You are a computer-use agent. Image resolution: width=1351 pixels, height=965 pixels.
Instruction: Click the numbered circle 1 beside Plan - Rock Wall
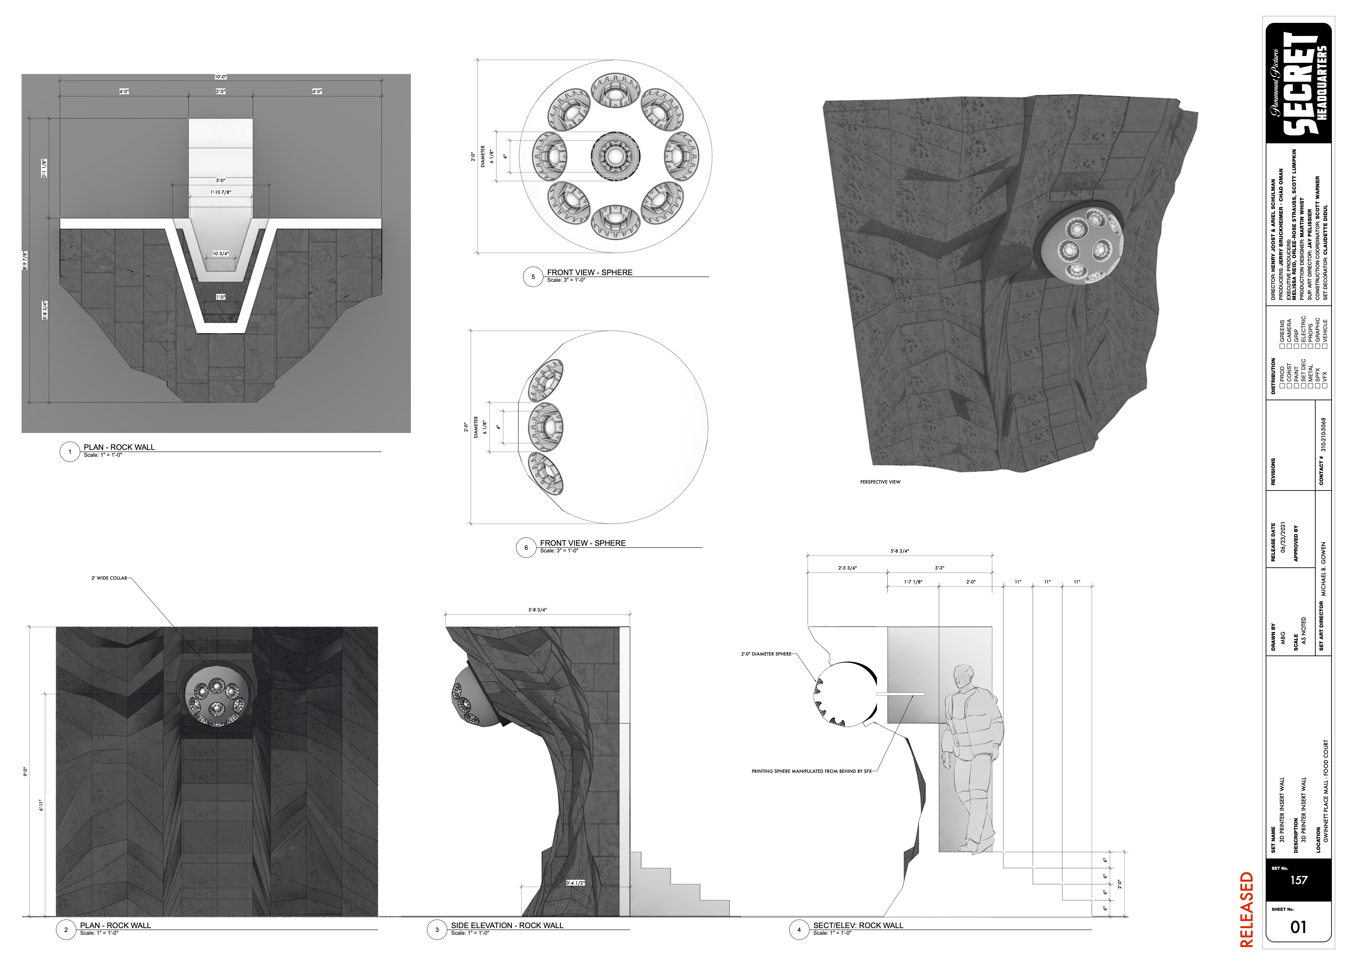click(69, 452)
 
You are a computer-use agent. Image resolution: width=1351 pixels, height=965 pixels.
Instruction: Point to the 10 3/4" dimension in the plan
click(220, 254)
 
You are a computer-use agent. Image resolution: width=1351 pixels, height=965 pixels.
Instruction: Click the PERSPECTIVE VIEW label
click(880, 482)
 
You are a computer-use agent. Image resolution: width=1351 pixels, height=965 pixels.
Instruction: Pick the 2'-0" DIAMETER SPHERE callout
click(766, 654)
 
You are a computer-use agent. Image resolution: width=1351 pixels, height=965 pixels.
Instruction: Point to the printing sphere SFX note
click(811, 771)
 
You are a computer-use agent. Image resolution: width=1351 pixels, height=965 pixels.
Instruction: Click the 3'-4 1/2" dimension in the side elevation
click(575, 883)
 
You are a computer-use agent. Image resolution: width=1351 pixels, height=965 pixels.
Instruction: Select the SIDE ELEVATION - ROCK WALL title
click(507, 925)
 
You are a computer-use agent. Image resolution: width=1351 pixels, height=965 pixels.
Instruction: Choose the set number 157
click(1299, 880)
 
